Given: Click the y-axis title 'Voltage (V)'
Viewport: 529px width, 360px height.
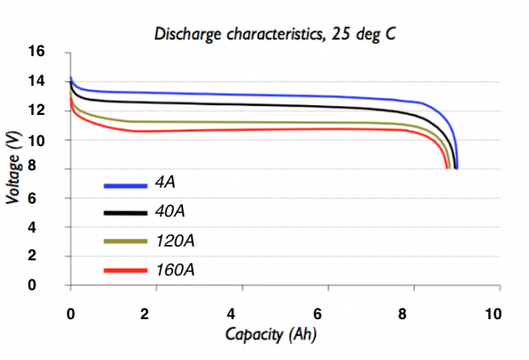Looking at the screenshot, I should pos(13,168).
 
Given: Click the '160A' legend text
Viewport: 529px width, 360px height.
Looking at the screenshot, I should pos(176,269).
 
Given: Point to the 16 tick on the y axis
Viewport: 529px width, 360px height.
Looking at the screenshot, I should pos(36,51).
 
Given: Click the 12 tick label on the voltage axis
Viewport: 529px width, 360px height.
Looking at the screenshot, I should pos(36,110).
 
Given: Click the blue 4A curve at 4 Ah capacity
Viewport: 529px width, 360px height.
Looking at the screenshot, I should pos(242,95).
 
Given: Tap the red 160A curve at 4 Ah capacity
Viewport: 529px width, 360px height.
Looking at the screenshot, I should pos(242,130).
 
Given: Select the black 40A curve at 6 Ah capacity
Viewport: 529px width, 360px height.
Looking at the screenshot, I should pos(328,106).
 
